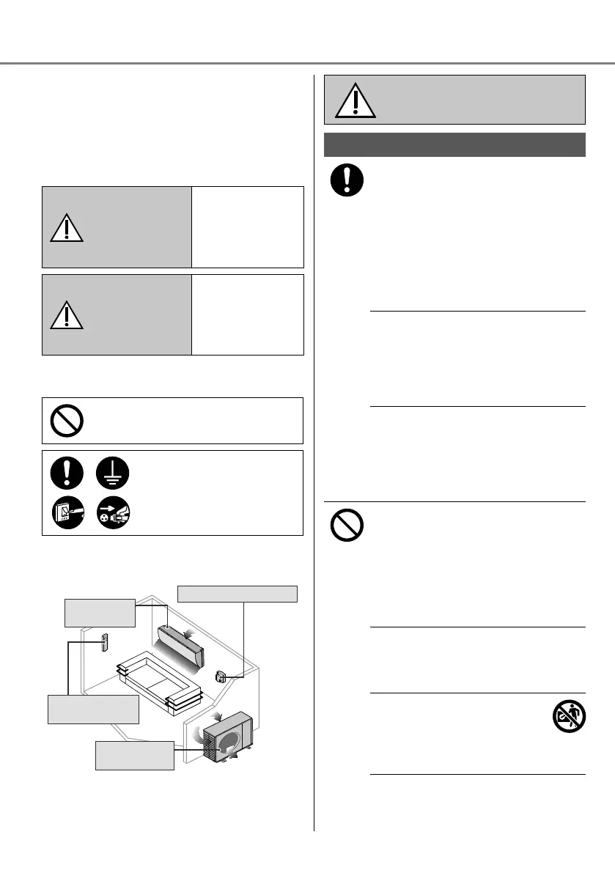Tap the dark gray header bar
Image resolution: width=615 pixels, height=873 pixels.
point(454,144)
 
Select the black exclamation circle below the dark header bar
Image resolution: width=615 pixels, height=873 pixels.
point(346,181)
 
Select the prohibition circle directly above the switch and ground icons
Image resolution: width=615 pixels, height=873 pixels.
point(66,421)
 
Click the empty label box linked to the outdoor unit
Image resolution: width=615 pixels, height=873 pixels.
point(135,755)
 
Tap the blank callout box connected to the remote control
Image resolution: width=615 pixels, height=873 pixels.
point(93,708)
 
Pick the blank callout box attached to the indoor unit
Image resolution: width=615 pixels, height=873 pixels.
point(100,612)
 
